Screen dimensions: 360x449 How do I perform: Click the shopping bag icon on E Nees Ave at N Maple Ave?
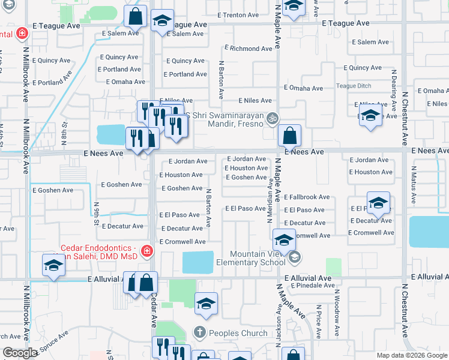coord(289,136)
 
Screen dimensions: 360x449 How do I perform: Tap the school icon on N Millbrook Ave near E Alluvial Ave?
coord(53,265)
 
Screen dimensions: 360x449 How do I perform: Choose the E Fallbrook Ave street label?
coord(307,197)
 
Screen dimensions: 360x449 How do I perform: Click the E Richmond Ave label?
coord(249,48)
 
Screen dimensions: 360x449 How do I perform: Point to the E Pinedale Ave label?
coord(311,286)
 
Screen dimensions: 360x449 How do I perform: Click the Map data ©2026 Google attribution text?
coord(411,355)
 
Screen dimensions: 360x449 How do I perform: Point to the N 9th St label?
coord(96,213)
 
